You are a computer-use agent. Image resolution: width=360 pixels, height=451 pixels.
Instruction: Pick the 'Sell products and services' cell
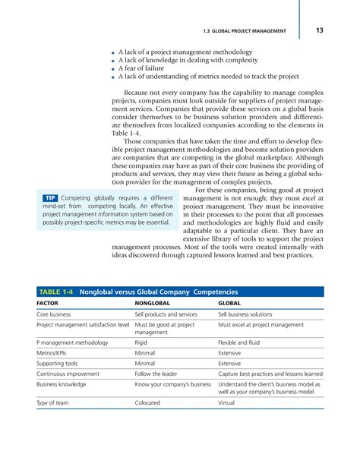click(x=166, y=314)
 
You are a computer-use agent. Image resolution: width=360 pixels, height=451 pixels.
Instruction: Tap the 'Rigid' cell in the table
click(x=142, y=343)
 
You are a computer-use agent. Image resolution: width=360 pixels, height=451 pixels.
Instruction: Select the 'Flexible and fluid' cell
click(x=240, y=343)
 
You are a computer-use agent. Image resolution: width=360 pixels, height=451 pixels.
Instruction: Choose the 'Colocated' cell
click(x=147, y=403)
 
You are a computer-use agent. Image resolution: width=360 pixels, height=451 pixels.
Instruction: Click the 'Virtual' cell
click(x=228, y=403)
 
